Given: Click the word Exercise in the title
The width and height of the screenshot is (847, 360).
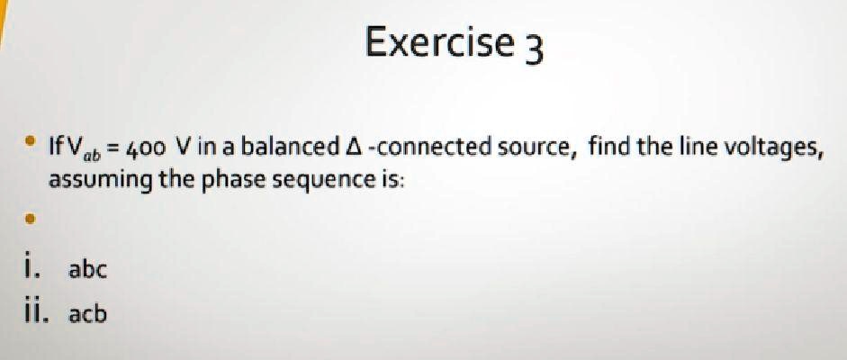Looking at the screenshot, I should [438, 42].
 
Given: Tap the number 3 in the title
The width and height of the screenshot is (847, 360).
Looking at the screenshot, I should [534, 49].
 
